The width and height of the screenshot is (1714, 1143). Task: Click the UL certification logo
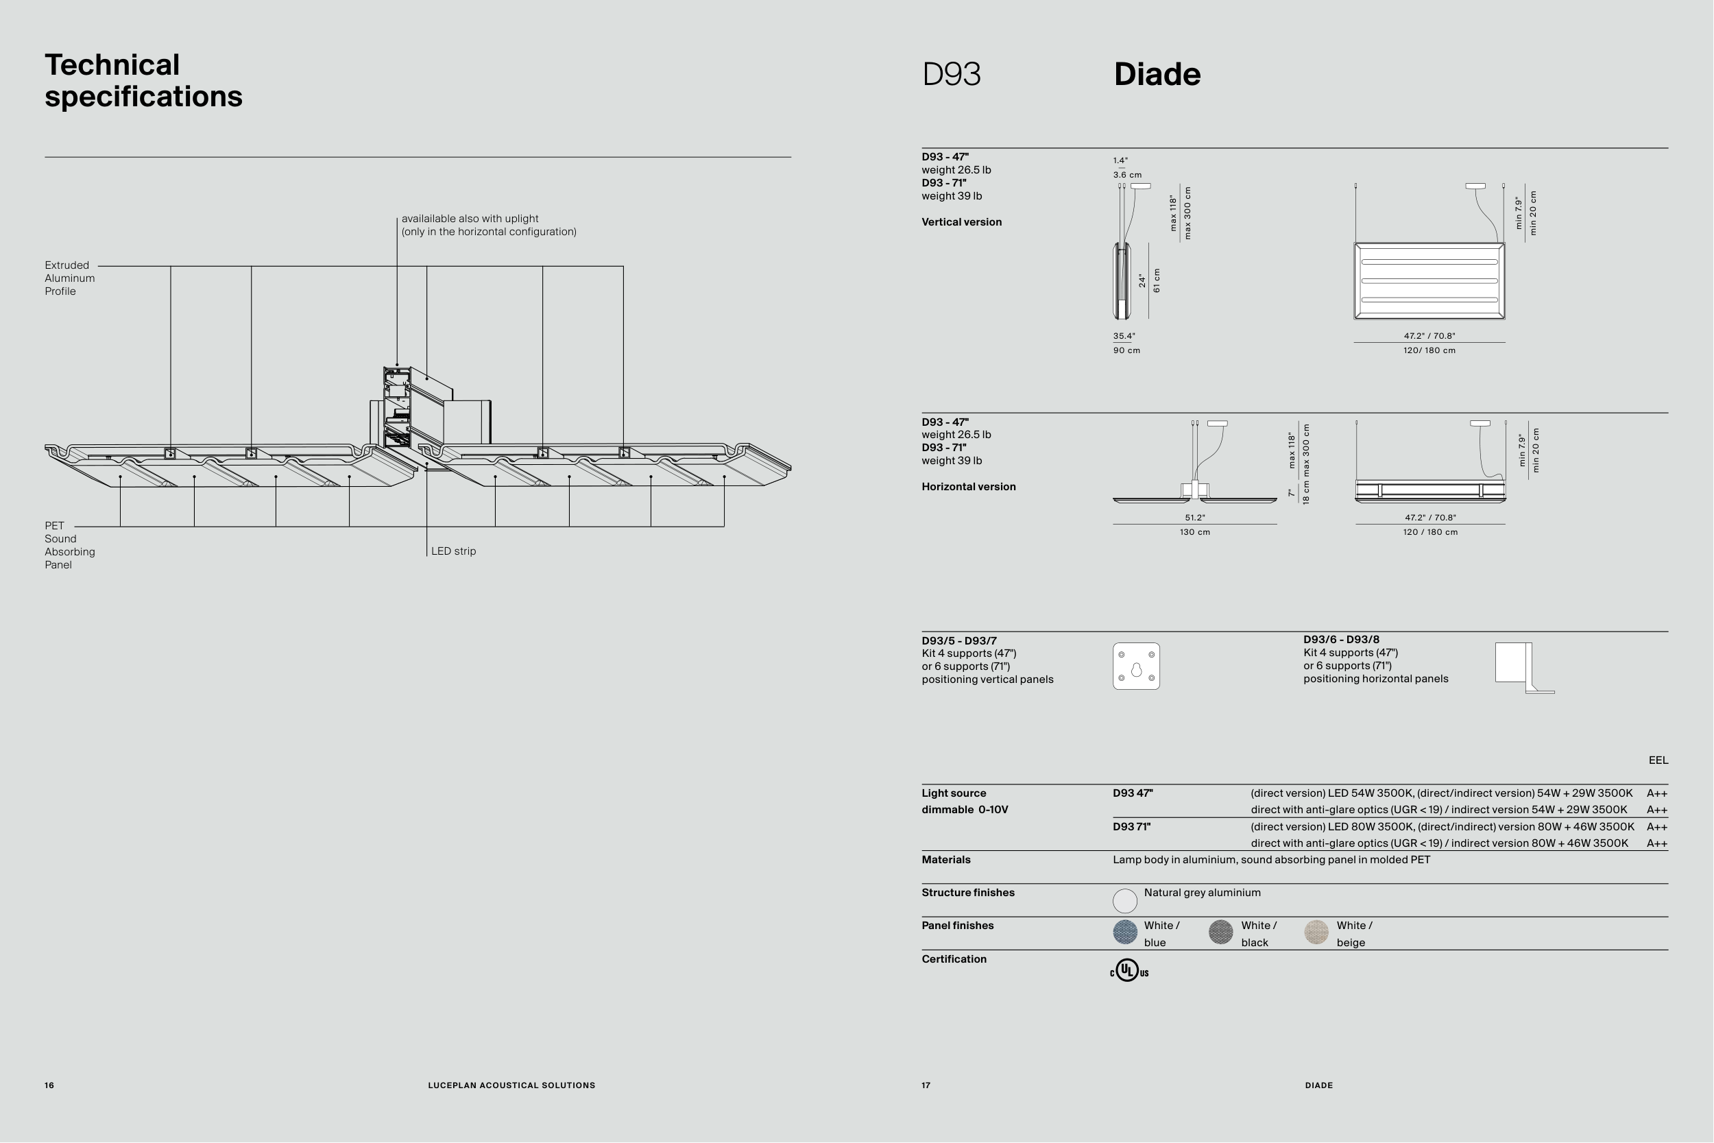point(1128,971)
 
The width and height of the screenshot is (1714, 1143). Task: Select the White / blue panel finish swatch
point(1125,933)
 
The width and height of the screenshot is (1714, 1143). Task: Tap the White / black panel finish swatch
point(1220,933)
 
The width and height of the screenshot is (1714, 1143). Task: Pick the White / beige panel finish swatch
point(1316,933)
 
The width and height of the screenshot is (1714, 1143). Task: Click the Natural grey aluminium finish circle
point(1125,901)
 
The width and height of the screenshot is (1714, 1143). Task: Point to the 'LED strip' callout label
point(453,551)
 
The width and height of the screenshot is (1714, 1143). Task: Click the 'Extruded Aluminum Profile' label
point(69,278)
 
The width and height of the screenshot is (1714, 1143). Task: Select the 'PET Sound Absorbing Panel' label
point(69,545)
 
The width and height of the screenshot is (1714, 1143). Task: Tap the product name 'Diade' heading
point(1157,74)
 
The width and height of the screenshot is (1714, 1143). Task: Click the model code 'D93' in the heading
point(952,74)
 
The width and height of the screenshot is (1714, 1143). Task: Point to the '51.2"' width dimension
point(1195,518)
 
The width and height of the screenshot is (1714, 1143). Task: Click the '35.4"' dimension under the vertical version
point(1124,336)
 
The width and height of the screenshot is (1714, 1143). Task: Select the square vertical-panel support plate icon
point(1136,666)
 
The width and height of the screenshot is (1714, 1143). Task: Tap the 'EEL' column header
point(1658,760)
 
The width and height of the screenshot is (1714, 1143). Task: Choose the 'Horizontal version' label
point(969,487)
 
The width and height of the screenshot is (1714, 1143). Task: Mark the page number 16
point(49,1085)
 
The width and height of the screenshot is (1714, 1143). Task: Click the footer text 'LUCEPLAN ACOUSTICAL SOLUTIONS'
point(511,1085)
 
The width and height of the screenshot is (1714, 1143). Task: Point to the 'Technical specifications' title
point(143,80)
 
